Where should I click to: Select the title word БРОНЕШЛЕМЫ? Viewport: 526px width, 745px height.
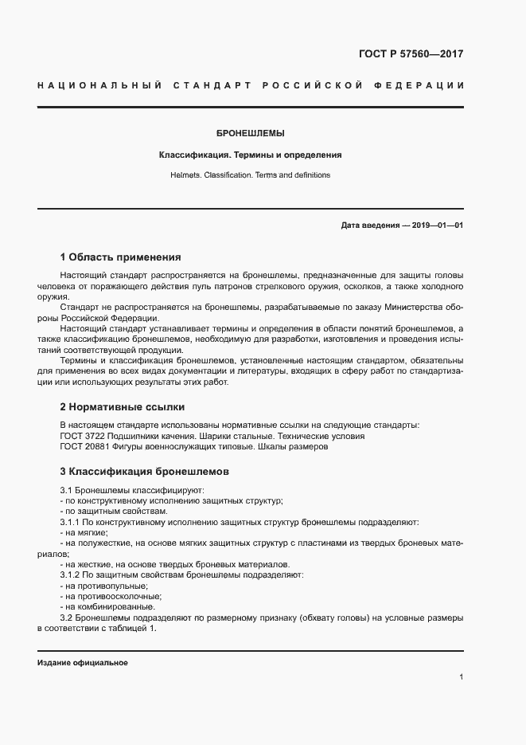[251, 134]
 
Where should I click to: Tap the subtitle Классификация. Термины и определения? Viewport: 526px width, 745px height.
[251, 155]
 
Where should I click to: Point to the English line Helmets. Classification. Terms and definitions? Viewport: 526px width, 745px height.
[250, 174]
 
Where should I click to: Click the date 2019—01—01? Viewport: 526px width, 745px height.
[434, 225]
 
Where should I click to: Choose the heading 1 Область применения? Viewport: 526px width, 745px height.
[120, 257]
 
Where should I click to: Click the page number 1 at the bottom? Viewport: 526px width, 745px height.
[461, 676]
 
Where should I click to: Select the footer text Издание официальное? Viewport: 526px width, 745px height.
[82, 663]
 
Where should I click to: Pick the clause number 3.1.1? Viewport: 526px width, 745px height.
[72, 522]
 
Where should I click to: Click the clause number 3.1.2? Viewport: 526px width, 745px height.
[72, 574]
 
